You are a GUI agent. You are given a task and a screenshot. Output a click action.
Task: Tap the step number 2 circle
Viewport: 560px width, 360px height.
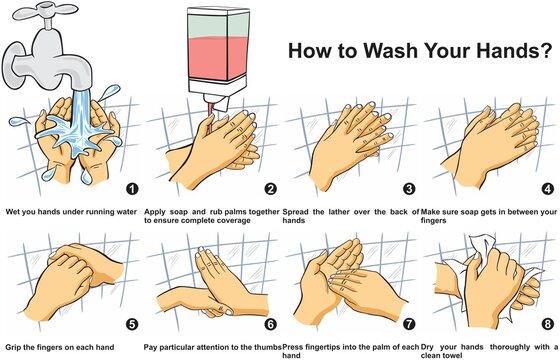pyautogui.click(x=268, y=188)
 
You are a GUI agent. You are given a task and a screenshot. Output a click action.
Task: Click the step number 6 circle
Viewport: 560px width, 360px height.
pyautogui.click(x=268, y=324)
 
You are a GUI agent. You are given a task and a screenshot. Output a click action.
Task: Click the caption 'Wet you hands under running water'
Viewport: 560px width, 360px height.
pyautogui.click(x=68, y=212)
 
